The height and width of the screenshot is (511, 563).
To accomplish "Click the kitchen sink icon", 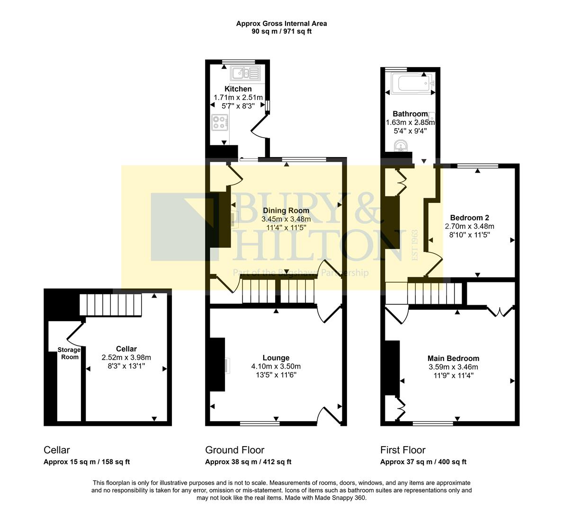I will [x=245, y=73].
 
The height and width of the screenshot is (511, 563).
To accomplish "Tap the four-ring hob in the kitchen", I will [x=219, y=123].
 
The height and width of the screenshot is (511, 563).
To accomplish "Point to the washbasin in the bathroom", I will [x=401, y=148].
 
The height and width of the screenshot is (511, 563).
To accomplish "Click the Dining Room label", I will [x=286, y=211].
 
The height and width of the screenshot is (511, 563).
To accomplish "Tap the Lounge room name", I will [x=276, y=358].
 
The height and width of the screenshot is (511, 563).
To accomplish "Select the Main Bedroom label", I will [x=453, y=358].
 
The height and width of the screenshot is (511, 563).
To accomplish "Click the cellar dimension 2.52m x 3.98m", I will [x=126, y=357].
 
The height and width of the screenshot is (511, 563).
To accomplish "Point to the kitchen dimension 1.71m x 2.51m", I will [x=238, y=97].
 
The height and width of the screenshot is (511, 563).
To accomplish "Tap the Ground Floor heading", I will [x=234, y=450].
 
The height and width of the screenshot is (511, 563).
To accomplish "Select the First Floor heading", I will [x=403, y=450].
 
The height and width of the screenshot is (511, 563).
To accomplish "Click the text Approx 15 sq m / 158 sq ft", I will [x=87, y=462].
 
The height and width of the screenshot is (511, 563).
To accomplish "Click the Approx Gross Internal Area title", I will [x=281, y=23].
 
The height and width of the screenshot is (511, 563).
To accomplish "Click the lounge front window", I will [x=259, y=423].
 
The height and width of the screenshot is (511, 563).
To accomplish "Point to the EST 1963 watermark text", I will [x=415, y=245].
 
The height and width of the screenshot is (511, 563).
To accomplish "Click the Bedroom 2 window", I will [x=477, y=166].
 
